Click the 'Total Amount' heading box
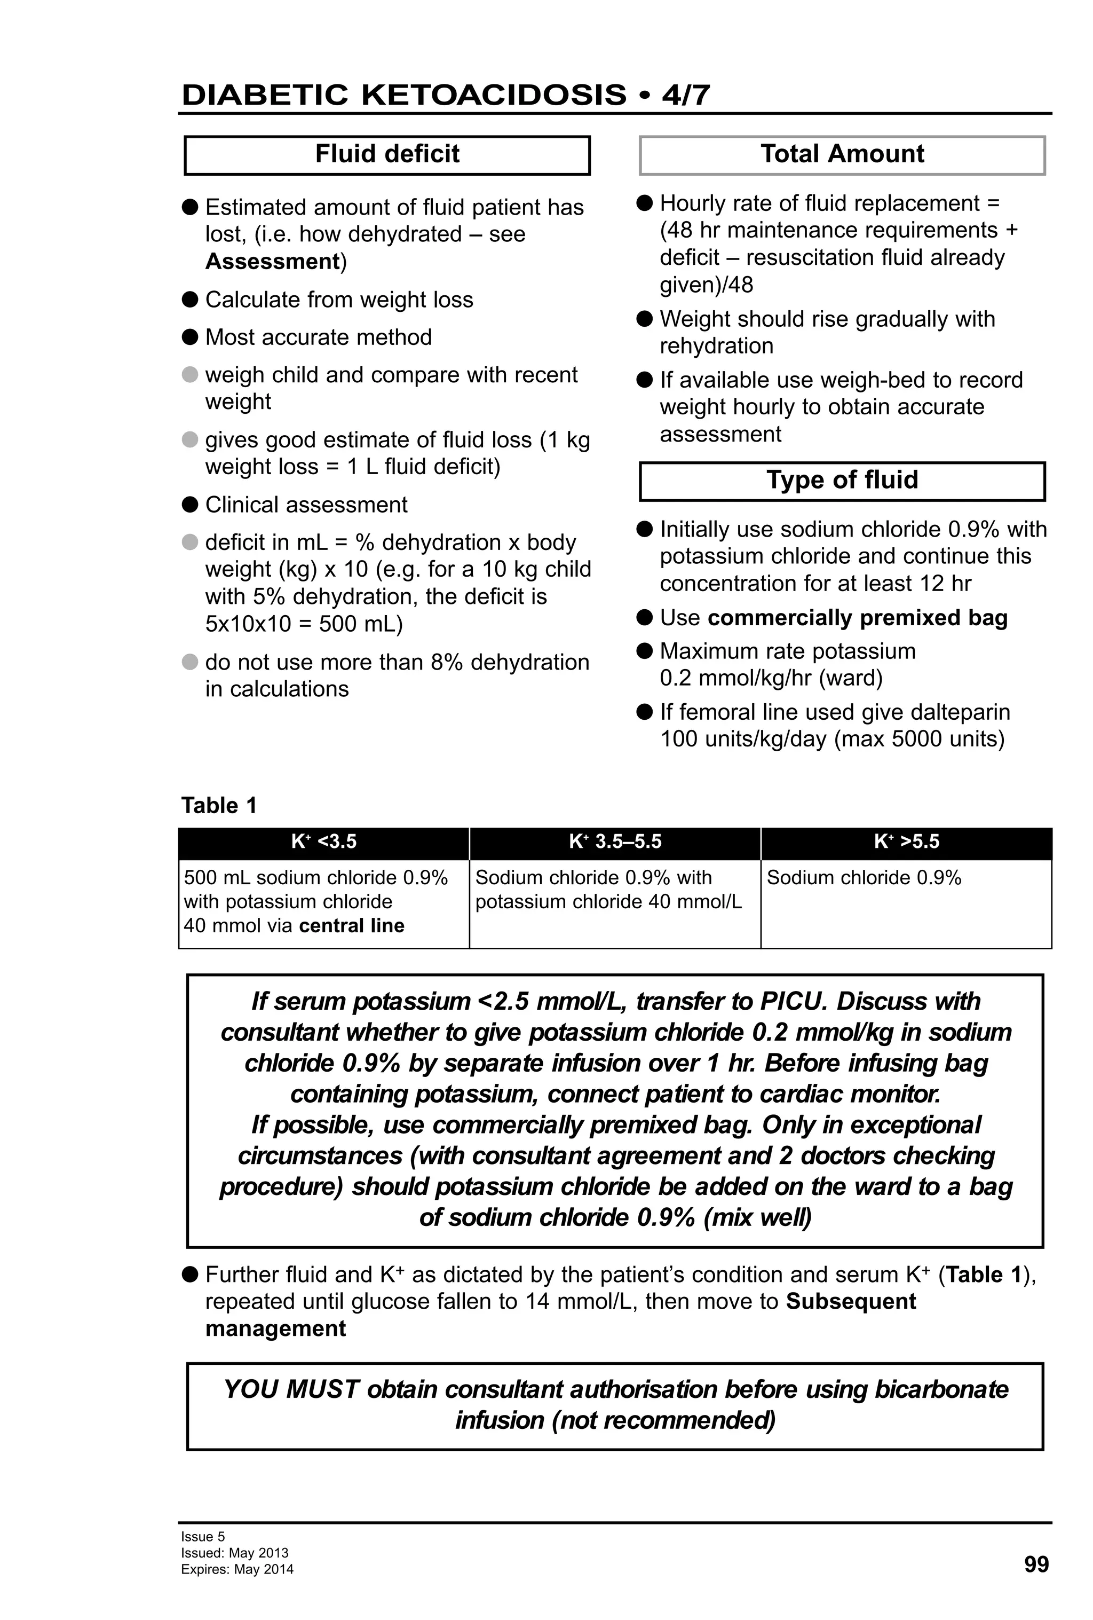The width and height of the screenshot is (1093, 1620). pyautogui.click(x=842, y=155)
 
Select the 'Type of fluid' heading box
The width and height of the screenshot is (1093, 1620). pyautogui.click(x=842, y=481)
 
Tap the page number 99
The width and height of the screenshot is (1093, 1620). pyautogui.click(x=1036, y=1564)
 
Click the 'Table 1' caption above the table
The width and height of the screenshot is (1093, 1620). pyautogui.click(x=219, y=805)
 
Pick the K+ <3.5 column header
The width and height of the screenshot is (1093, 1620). pyautogui.click(x=323, y=842)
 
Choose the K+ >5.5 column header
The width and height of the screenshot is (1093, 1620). pyautogui.click(x=906, y=842)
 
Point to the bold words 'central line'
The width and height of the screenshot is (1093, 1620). pyautogui.click(x=351, y=926)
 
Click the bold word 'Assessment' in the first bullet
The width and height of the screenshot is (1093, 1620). pyautogui.click(x=272, y=262)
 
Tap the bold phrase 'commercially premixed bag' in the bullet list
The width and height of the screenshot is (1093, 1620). pyautogui.click(x=857, y=618)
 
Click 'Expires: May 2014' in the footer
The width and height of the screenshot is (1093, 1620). pyautogui.click(x=237, y=1569)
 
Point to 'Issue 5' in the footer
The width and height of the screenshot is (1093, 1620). pyautogui.click(x=203, y=1536)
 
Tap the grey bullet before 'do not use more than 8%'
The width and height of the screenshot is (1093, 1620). pyautogui.click(x=189, y=662)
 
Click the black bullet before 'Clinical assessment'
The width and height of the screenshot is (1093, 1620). pyautogui.click(x=189, y=504)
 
